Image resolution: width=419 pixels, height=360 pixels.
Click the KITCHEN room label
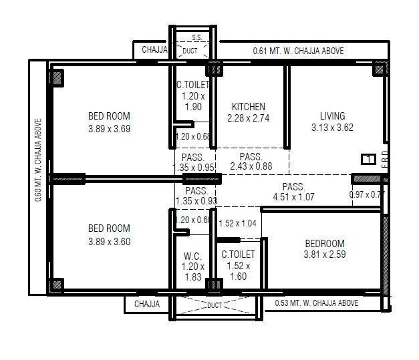tap(249, 107)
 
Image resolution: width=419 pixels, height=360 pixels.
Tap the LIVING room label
tap(332, 116)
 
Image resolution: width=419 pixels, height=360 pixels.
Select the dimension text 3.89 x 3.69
tap(109, 129)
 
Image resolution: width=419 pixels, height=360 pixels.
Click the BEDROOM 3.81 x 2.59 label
tap(324, 244)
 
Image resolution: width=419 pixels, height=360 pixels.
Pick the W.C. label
tap(193, 255)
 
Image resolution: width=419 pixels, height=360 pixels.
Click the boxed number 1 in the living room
tap(366, 159)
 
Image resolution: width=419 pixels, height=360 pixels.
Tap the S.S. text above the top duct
tap(197, 38)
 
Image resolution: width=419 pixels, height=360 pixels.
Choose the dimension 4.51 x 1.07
tap(293, 197)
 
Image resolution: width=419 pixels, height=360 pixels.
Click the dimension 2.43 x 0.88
tap(251, 166)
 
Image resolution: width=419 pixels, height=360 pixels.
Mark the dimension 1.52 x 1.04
tap(237, 223)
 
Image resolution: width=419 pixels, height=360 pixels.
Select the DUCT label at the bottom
tap(214, 305)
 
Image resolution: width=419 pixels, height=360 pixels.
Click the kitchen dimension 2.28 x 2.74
tap(249, 118)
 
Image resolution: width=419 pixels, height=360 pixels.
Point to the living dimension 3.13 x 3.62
tap(332, 127)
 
